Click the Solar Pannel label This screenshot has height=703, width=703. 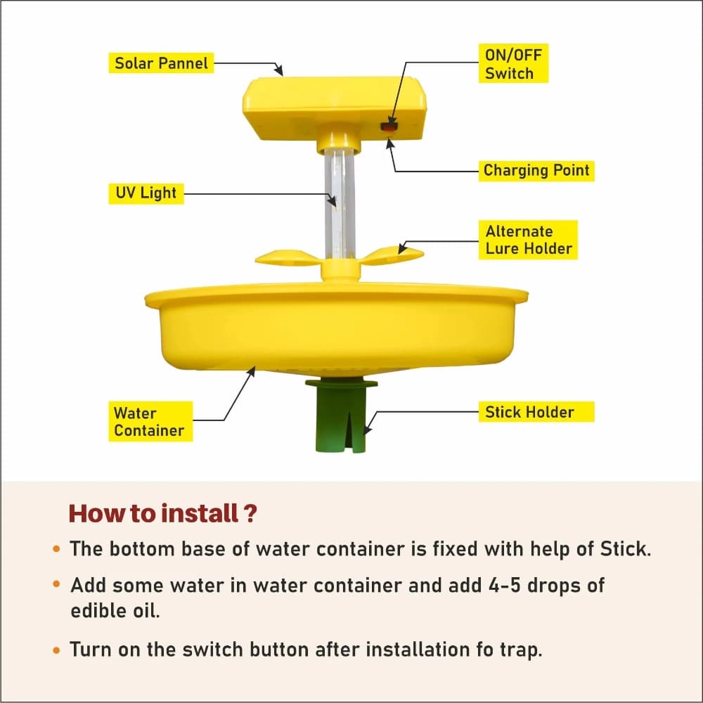[x=162, y=63]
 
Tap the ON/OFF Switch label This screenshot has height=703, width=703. [x=509, y=64]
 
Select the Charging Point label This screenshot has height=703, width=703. [x=536, y=170]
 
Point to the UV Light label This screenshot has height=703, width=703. [x=146, y=193]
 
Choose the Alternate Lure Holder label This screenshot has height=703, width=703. [x=529, y=240]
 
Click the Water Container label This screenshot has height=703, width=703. [x=149, y=422]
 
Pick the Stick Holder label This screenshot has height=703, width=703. [x=529, y=412]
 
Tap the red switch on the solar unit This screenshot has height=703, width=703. [x=389, y=127]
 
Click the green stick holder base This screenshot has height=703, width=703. [x=341, y=418]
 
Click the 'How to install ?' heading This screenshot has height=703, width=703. [x=162, y=513]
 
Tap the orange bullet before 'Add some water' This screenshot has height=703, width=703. [x=56, y=585]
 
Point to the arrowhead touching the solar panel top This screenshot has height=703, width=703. [x=279, y=72]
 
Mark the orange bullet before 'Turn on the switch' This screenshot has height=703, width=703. [x=56, y=650]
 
